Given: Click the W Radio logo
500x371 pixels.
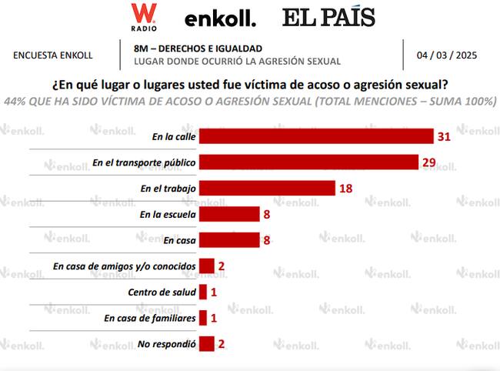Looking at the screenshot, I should (144, 16).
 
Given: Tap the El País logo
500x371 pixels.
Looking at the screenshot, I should (328, 17).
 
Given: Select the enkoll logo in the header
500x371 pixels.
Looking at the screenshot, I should (220, 18).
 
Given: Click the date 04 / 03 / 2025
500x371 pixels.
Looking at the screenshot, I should (447, 55).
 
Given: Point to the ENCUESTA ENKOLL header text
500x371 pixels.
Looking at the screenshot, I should (53, 55).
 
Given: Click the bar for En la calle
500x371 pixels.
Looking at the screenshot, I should (316, 136).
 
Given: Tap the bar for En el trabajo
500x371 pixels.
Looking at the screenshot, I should (267, 189).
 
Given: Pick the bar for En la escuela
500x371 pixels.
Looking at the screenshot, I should (229, 215).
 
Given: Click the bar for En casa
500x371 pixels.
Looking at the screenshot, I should (229, 240).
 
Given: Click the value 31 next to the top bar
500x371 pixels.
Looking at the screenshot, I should (443, 136).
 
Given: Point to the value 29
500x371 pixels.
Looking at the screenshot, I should (430, 162).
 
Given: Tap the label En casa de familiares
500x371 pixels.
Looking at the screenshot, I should (149, 318).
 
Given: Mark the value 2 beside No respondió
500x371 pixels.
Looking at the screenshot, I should (222, 344).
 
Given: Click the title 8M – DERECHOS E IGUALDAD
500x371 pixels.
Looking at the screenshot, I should (197, 48).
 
